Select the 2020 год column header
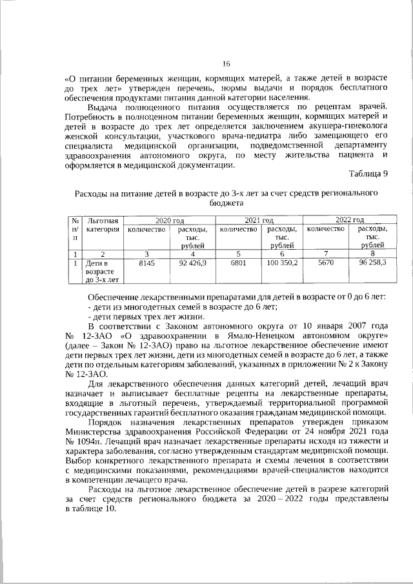pos(170,221)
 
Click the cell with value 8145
pos(147,263)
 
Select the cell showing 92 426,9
pos(192,263)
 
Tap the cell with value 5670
pos(325,263)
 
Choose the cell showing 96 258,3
pos(371,263)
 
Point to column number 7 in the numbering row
pos(325,254)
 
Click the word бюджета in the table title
pos(226,203)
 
